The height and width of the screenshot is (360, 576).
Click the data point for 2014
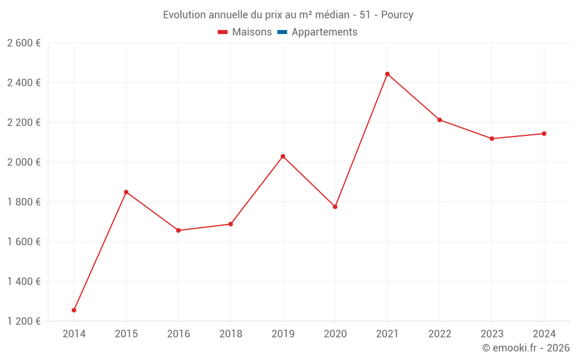click(74, 310)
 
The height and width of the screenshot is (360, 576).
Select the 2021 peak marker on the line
click(387, 74)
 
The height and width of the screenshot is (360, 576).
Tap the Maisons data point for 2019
click(283, 156)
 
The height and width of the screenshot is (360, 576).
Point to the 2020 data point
click(335, 206)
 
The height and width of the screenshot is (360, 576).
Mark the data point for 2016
click(179, 230)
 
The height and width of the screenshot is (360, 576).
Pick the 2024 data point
click(544, 134)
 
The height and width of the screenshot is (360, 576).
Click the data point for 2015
click(126, 192)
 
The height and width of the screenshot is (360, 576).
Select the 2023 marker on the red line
click(492, 138)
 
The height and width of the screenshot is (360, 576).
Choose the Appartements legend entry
click(324, 32)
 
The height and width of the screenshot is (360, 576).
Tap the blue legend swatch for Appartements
click(282, 32)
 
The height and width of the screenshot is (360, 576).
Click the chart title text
click(288, 15)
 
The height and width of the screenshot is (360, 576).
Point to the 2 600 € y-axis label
click(24, 43)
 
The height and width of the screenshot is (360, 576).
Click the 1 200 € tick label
click(24, 321)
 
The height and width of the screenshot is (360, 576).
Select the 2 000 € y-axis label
click(24, 162)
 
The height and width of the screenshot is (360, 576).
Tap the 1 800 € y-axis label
click(24, 202)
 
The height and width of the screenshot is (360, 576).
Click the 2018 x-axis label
click(230, 334)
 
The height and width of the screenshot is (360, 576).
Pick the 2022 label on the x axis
click(439, 334)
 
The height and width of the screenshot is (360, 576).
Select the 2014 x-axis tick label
click(74, 334)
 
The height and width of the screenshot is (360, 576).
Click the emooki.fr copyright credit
click(525, 348)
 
